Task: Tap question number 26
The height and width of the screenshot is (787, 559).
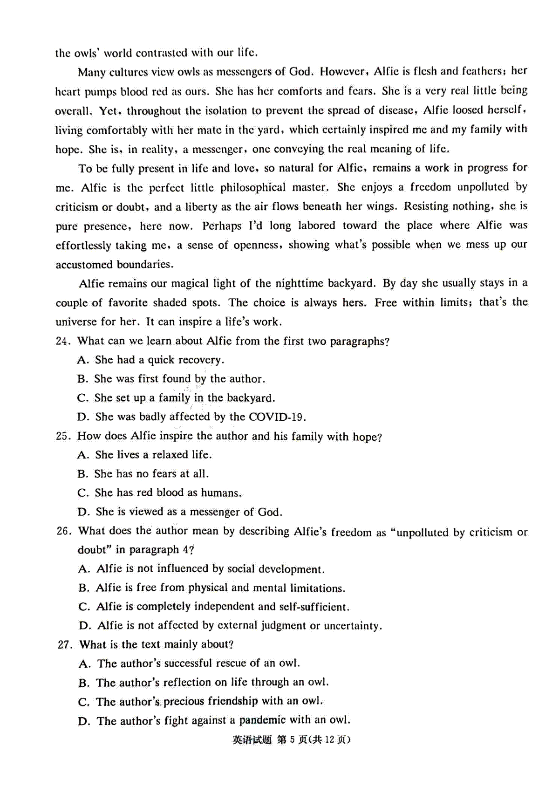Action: coord(63,531)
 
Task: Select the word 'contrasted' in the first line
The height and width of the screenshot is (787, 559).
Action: coord(162,53)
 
